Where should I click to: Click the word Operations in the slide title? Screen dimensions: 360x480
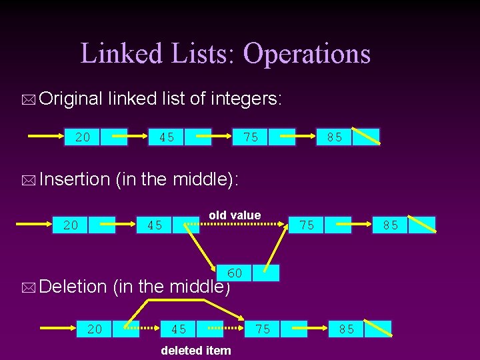point(306,53)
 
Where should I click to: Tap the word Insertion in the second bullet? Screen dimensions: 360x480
point(74,179)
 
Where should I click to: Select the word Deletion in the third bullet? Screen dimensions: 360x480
point(73,287)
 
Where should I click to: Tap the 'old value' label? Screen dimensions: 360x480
point(235,215)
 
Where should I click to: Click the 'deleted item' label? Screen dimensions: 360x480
point(196,350)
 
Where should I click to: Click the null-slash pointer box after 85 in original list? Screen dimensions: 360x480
point(365,137)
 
